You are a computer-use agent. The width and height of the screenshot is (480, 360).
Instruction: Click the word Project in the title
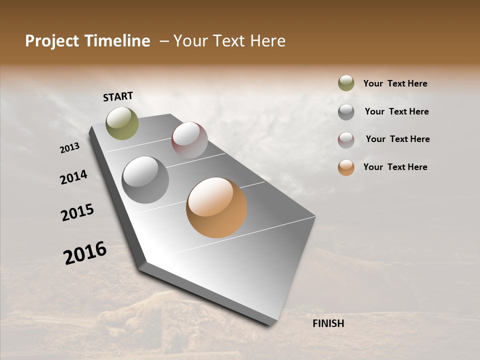click(50, 41)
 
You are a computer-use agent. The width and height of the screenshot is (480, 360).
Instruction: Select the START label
click(118, 96)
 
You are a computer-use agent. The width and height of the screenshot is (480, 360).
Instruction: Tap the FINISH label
click(328, 323)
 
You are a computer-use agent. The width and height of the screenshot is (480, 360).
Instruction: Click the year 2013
click(69, 148)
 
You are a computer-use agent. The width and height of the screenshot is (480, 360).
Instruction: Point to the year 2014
click(73, 177)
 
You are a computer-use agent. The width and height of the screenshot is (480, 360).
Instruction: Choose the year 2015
click(77, 212)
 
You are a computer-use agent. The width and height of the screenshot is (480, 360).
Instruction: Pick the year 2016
click(85, 252)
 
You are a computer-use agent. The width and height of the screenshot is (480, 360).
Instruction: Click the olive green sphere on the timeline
click(122, 123)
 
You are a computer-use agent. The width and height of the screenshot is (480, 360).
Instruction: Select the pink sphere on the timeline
click(189, 140)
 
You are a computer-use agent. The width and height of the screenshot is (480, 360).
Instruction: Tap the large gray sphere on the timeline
click(145, 180)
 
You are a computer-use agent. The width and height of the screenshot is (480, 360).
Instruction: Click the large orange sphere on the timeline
click(216, 207)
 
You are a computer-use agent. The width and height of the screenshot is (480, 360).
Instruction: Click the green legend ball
click(346, 83)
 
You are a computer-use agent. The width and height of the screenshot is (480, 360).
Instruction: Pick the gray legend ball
click(346, 112)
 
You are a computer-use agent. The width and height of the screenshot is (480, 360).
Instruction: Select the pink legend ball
click(346, 140)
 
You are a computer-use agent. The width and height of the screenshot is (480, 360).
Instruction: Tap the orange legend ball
click(346, 167)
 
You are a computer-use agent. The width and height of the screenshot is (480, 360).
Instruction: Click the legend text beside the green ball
click(395, 83)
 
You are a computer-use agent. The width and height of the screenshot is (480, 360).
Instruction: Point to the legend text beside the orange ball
click(395, 167)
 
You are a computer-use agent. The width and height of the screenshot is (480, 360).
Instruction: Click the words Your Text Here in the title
click(229, 41)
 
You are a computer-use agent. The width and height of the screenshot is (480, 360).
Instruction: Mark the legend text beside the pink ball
click(397, 139)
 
